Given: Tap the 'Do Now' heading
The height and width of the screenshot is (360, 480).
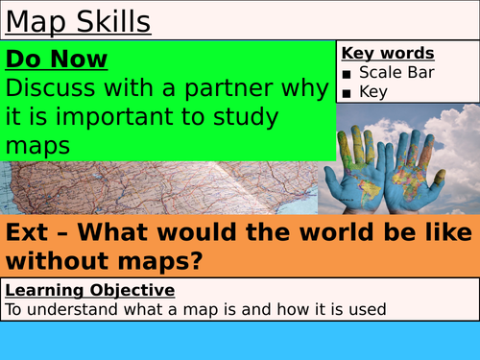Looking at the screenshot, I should coord(57,60).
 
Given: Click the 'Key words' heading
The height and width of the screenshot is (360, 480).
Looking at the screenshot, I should coord(388,54).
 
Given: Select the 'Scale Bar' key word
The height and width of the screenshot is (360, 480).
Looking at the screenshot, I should coord(397,73).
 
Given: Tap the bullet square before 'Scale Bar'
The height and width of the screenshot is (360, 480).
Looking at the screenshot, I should coord(348,74).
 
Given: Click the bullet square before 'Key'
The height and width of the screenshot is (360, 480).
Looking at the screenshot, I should coord(348,93).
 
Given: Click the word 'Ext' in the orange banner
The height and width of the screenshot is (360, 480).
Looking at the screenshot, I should coord(28,233).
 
